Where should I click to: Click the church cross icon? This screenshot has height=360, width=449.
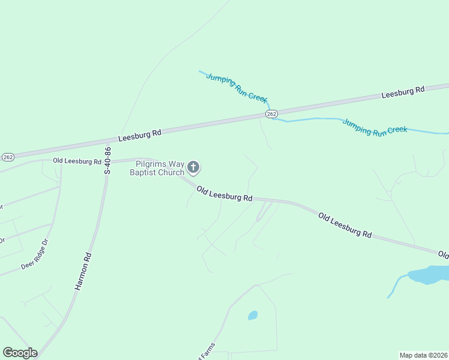[x=193, y=166]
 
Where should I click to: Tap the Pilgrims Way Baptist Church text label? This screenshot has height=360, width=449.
[x=158, y=168]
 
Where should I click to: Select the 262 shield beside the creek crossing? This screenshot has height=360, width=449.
[x=271, y=114]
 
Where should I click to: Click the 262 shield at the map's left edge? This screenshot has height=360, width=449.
[x=8, y=157]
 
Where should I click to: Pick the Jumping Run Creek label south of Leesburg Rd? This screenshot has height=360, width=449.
[x=375, y=127]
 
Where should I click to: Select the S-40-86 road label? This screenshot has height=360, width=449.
[x=108, y=160]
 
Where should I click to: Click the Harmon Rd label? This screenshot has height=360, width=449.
[x=83, y=271]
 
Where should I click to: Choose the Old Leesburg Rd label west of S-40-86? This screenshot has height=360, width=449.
[x=77, y=161]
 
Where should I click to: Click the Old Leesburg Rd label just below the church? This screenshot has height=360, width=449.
[x=224, y=193]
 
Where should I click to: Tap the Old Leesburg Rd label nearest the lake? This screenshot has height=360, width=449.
[x=345, y=224]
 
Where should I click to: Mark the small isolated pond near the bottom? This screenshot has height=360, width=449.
[x=253, y=315]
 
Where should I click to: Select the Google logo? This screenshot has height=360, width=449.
[x=20, y=353]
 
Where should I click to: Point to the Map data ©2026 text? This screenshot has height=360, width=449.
[x=423, y=355]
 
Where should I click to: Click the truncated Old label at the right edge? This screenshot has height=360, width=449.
[x=443, y=255]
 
